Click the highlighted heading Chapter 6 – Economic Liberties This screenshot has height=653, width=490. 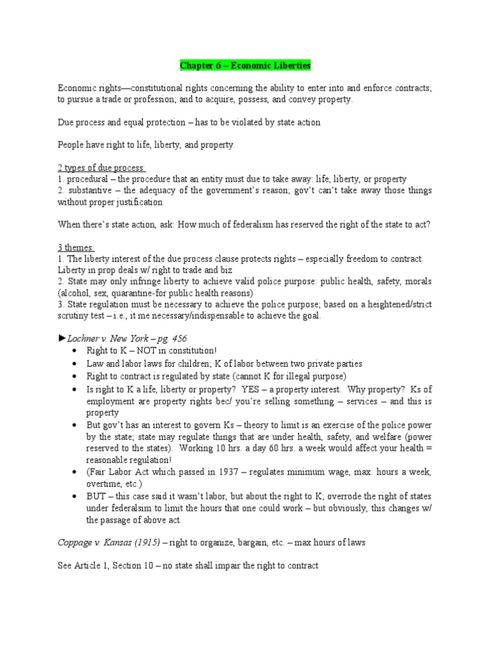pos(245,66)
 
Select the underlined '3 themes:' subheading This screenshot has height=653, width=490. pos(76,247)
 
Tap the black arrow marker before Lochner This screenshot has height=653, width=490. pos(62,338)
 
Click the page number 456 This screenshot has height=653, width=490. pos(179,338)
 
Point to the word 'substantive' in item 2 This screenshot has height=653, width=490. pos(87,191)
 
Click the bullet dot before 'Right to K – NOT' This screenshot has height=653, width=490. pos(75,351)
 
